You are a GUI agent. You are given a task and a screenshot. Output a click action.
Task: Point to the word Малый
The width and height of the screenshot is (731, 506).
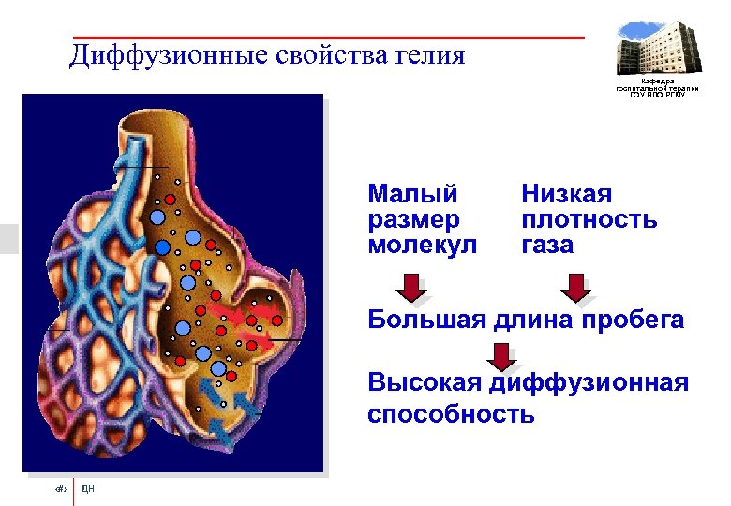pyautogui.click(x=412, y=195)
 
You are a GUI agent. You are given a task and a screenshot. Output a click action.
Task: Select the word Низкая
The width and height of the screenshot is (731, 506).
pyautogui.click(x=566, y=195)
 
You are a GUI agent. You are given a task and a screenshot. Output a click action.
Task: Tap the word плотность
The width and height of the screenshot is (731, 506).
pyautogui.click(x=589, y=220)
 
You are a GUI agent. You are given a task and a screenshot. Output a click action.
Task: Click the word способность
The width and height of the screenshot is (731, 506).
pyautogui.click(x=451, y=414)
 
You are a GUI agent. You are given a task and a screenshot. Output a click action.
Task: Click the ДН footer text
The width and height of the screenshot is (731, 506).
pyautogui.click(x=88, y=489)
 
